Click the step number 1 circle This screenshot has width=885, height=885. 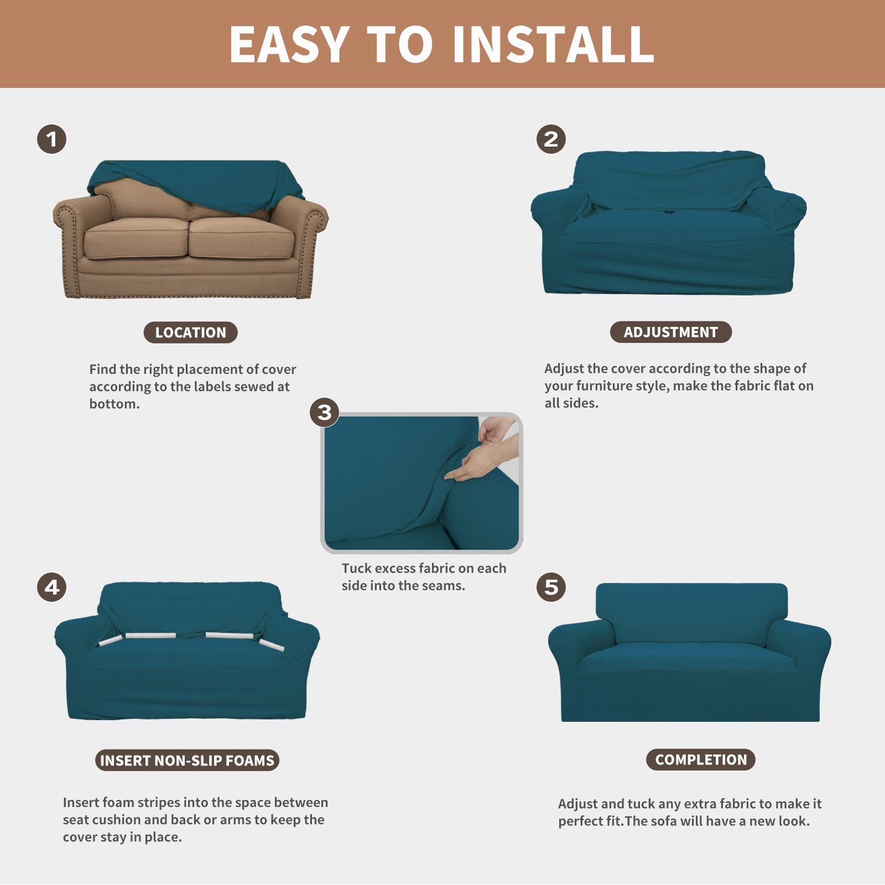(51, 139)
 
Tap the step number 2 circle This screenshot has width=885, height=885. (551, 139)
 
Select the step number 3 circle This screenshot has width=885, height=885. (324, 413)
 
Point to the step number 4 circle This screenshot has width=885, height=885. (51, 587)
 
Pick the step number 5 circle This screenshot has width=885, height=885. (551, 587)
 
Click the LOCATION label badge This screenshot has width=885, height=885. (190, 332)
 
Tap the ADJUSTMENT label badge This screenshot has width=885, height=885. (670, 332)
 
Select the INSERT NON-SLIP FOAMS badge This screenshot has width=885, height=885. (187, 760)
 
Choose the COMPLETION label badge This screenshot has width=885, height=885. (700, 759)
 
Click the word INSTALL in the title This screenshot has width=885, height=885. (553, 44)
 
